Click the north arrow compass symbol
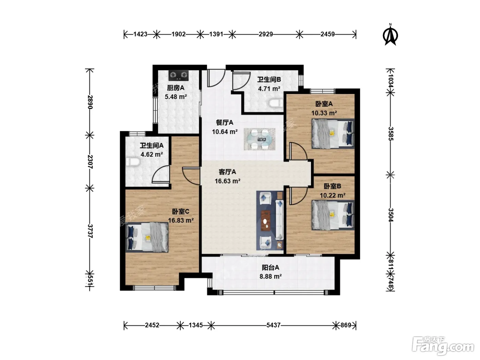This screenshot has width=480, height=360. pos(390,35)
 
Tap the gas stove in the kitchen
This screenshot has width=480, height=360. pos(178,75)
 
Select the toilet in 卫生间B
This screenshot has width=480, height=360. pos(276,103)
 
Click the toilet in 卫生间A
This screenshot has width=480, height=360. pos(133,162)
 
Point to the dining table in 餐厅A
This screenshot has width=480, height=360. pos(259,139)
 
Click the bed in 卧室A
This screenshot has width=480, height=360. pos(333,134)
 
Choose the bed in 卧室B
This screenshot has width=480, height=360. pos(333,215)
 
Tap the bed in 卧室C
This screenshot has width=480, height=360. pos(147,237)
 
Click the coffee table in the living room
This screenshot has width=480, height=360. pos(265,221)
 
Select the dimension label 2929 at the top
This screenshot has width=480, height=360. pos(266,34)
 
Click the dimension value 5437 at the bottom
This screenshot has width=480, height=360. pos(273,325)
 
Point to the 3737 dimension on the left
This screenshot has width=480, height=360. pos(90,231)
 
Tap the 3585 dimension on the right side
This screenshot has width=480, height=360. pos(391,134)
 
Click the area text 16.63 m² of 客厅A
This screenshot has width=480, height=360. pos(228,181)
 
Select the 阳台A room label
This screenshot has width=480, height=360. pos(271,267)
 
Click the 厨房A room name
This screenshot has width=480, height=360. pos(176,88)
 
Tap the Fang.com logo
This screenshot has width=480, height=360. pos(443,346)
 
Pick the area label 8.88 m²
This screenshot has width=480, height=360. pos(271,276)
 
